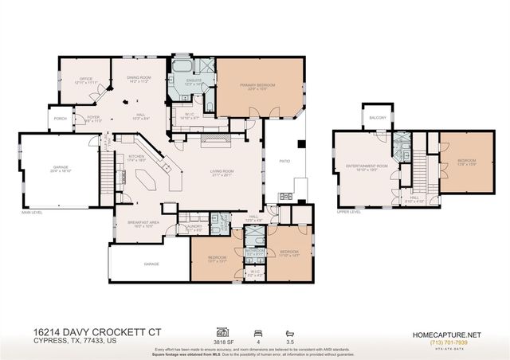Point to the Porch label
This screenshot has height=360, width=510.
61,119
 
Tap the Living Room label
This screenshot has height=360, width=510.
221,171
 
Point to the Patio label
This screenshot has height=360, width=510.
284,161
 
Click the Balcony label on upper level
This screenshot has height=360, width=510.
377,118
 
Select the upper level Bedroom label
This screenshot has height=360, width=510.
466,161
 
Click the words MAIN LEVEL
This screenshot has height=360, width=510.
31,213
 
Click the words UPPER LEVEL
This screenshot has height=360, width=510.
350,213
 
